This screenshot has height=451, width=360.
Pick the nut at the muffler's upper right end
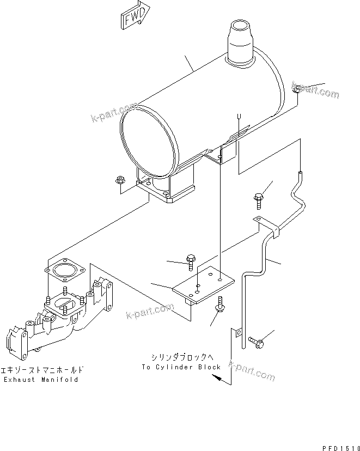[295, 89]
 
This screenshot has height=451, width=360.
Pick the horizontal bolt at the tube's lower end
[256, 342]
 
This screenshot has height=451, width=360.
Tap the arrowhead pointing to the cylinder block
[217, 381]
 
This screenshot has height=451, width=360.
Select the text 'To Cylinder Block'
[181, 367]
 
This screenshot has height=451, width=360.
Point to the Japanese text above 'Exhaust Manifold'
[41, 369]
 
